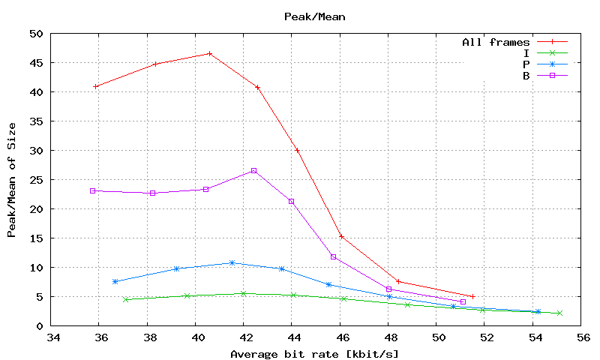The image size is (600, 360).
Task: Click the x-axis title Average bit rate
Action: click(x=314, y=353)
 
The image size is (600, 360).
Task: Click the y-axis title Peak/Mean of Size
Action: click(x=12, y=179)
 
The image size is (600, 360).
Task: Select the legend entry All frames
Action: click(x=496, y=42)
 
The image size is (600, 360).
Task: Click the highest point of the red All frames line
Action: click(x=210, y=53)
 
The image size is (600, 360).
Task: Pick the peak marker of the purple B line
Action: click(x=253, y=171)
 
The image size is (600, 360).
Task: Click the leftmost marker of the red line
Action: click(x=95, y=86)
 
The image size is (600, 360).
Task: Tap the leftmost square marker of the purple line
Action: click(x=93, y=190)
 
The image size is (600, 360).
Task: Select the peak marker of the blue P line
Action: click(x=232, y=262)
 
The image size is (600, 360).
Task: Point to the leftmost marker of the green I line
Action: click(x=126, y=299)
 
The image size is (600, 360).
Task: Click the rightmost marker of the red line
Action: click(x=472, y=296)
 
